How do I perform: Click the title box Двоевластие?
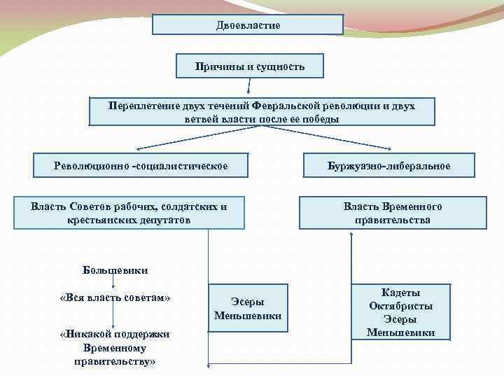(x=248, y=24)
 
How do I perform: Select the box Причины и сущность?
(x=250, y=66)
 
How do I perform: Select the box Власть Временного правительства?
(x=392, y=213)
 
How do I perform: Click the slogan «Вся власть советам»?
(x=115, y=297)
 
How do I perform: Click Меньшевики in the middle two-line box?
(x=248, y=316)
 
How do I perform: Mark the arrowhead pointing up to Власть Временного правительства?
(x=351, y=238)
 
